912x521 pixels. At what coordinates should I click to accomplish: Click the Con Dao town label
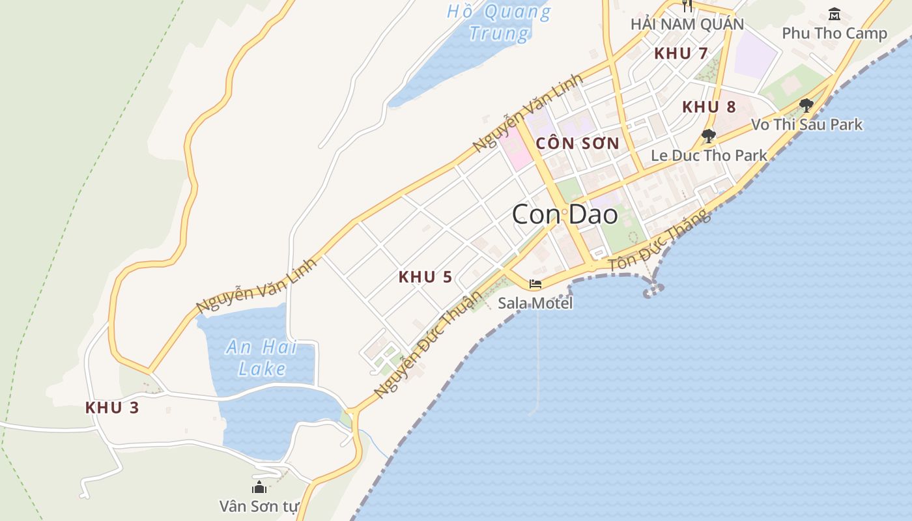(564, 214)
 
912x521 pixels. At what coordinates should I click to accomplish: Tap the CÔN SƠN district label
(577, 143)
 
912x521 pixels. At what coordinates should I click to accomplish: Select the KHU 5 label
(425, 277)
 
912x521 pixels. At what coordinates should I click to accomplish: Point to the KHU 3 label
(112, 408)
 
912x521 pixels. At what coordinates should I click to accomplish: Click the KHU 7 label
(681, 53)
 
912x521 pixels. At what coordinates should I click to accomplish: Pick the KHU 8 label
(709, 107)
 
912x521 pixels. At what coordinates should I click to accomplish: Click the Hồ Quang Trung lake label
(499, 21)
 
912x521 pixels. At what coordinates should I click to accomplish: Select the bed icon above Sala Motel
(535, 284)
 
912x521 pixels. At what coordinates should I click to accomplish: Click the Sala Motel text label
(535, 303)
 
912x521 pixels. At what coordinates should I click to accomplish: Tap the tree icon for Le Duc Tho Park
(709, 136)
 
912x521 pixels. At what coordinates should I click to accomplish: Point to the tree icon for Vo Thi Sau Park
(806, 105)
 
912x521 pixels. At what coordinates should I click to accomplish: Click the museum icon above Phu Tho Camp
(834, 14)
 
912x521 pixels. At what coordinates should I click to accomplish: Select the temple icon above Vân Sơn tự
(259, 487)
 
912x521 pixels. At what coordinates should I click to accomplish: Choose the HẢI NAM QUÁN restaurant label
(687, 24)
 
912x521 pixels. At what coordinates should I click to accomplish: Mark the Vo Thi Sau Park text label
(806, 124)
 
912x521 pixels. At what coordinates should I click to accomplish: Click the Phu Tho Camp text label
(834, 33)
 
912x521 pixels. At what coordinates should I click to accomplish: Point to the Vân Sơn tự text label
(259, 506)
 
